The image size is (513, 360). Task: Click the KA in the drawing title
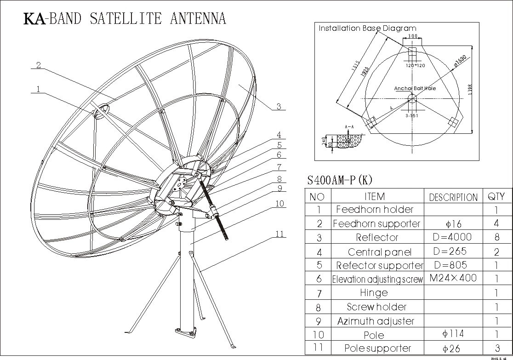(x=35, y=19)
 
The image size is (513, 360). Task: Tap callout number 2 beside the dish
(x=39, y=65)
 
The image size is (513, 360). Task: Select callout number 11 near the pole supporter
(x=279, y=234)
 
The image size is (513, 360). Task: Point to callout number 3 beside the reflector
(x=279, y=107)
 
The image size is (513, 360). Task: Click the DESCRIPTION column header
(x=453, y=197)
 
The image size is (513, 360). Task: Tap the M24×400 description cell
(x=453, y=278)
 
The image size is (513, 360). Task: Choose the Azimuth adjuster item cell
(x=376, y=321)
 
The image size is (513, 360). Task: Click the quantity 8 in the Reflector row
(x=496, y=238)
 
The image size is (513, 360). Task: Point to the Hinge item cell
(x=374, y=292)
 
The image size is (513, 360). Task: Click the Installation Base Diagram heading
(x=367, y=28)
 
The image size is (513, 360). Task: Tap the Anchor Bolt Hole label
(x=415, y=88)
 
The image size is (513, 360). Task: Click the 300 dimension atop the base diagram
(x=412, y=36)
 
